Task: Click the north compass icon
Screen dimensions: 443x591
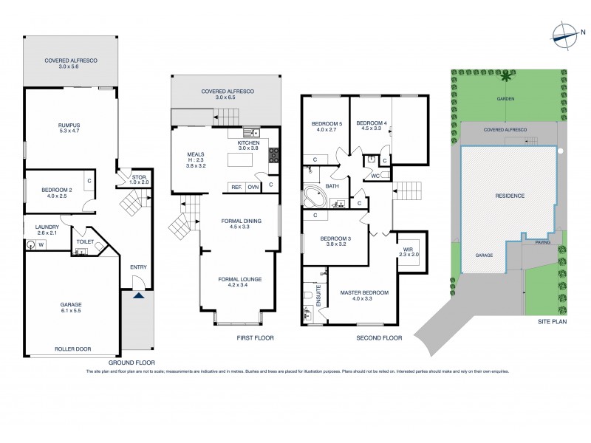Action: (565, 32)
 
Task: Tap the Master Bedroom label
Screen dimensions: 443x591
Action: (364, 297)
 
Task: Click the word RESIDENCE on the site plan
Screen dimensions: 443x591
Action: (509, 196)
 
